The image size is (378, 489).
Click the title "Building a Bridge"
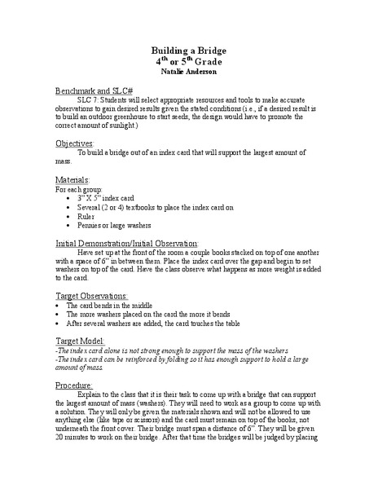(190, 50)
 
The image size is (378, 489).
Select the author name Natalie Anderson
(190, 71)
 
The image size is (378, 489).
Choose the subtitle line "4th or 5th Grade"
(190, 60)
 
